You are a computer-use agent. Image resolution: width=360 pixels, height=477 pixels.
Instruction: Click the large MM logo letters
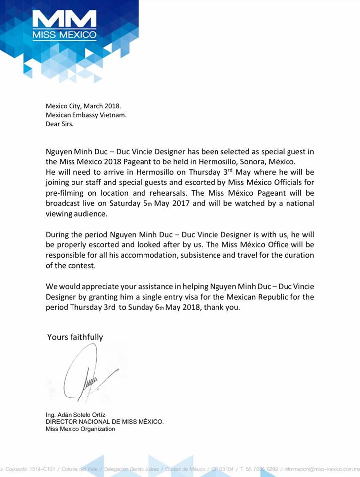click(64, 20)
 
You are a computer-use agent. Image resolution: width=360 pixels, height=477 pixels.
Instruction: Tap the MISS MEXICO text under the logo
click(64, 35)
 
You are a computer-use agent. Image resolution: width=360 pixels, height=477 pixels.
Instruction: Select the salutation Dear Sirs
click(59, 124)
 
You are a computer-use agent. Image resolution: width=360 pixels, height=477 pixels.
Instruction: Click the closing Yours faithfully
click(75, 337)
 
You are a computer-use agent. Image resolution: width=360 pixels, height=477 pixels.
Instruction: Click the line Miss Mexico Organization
click(80, 428)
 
